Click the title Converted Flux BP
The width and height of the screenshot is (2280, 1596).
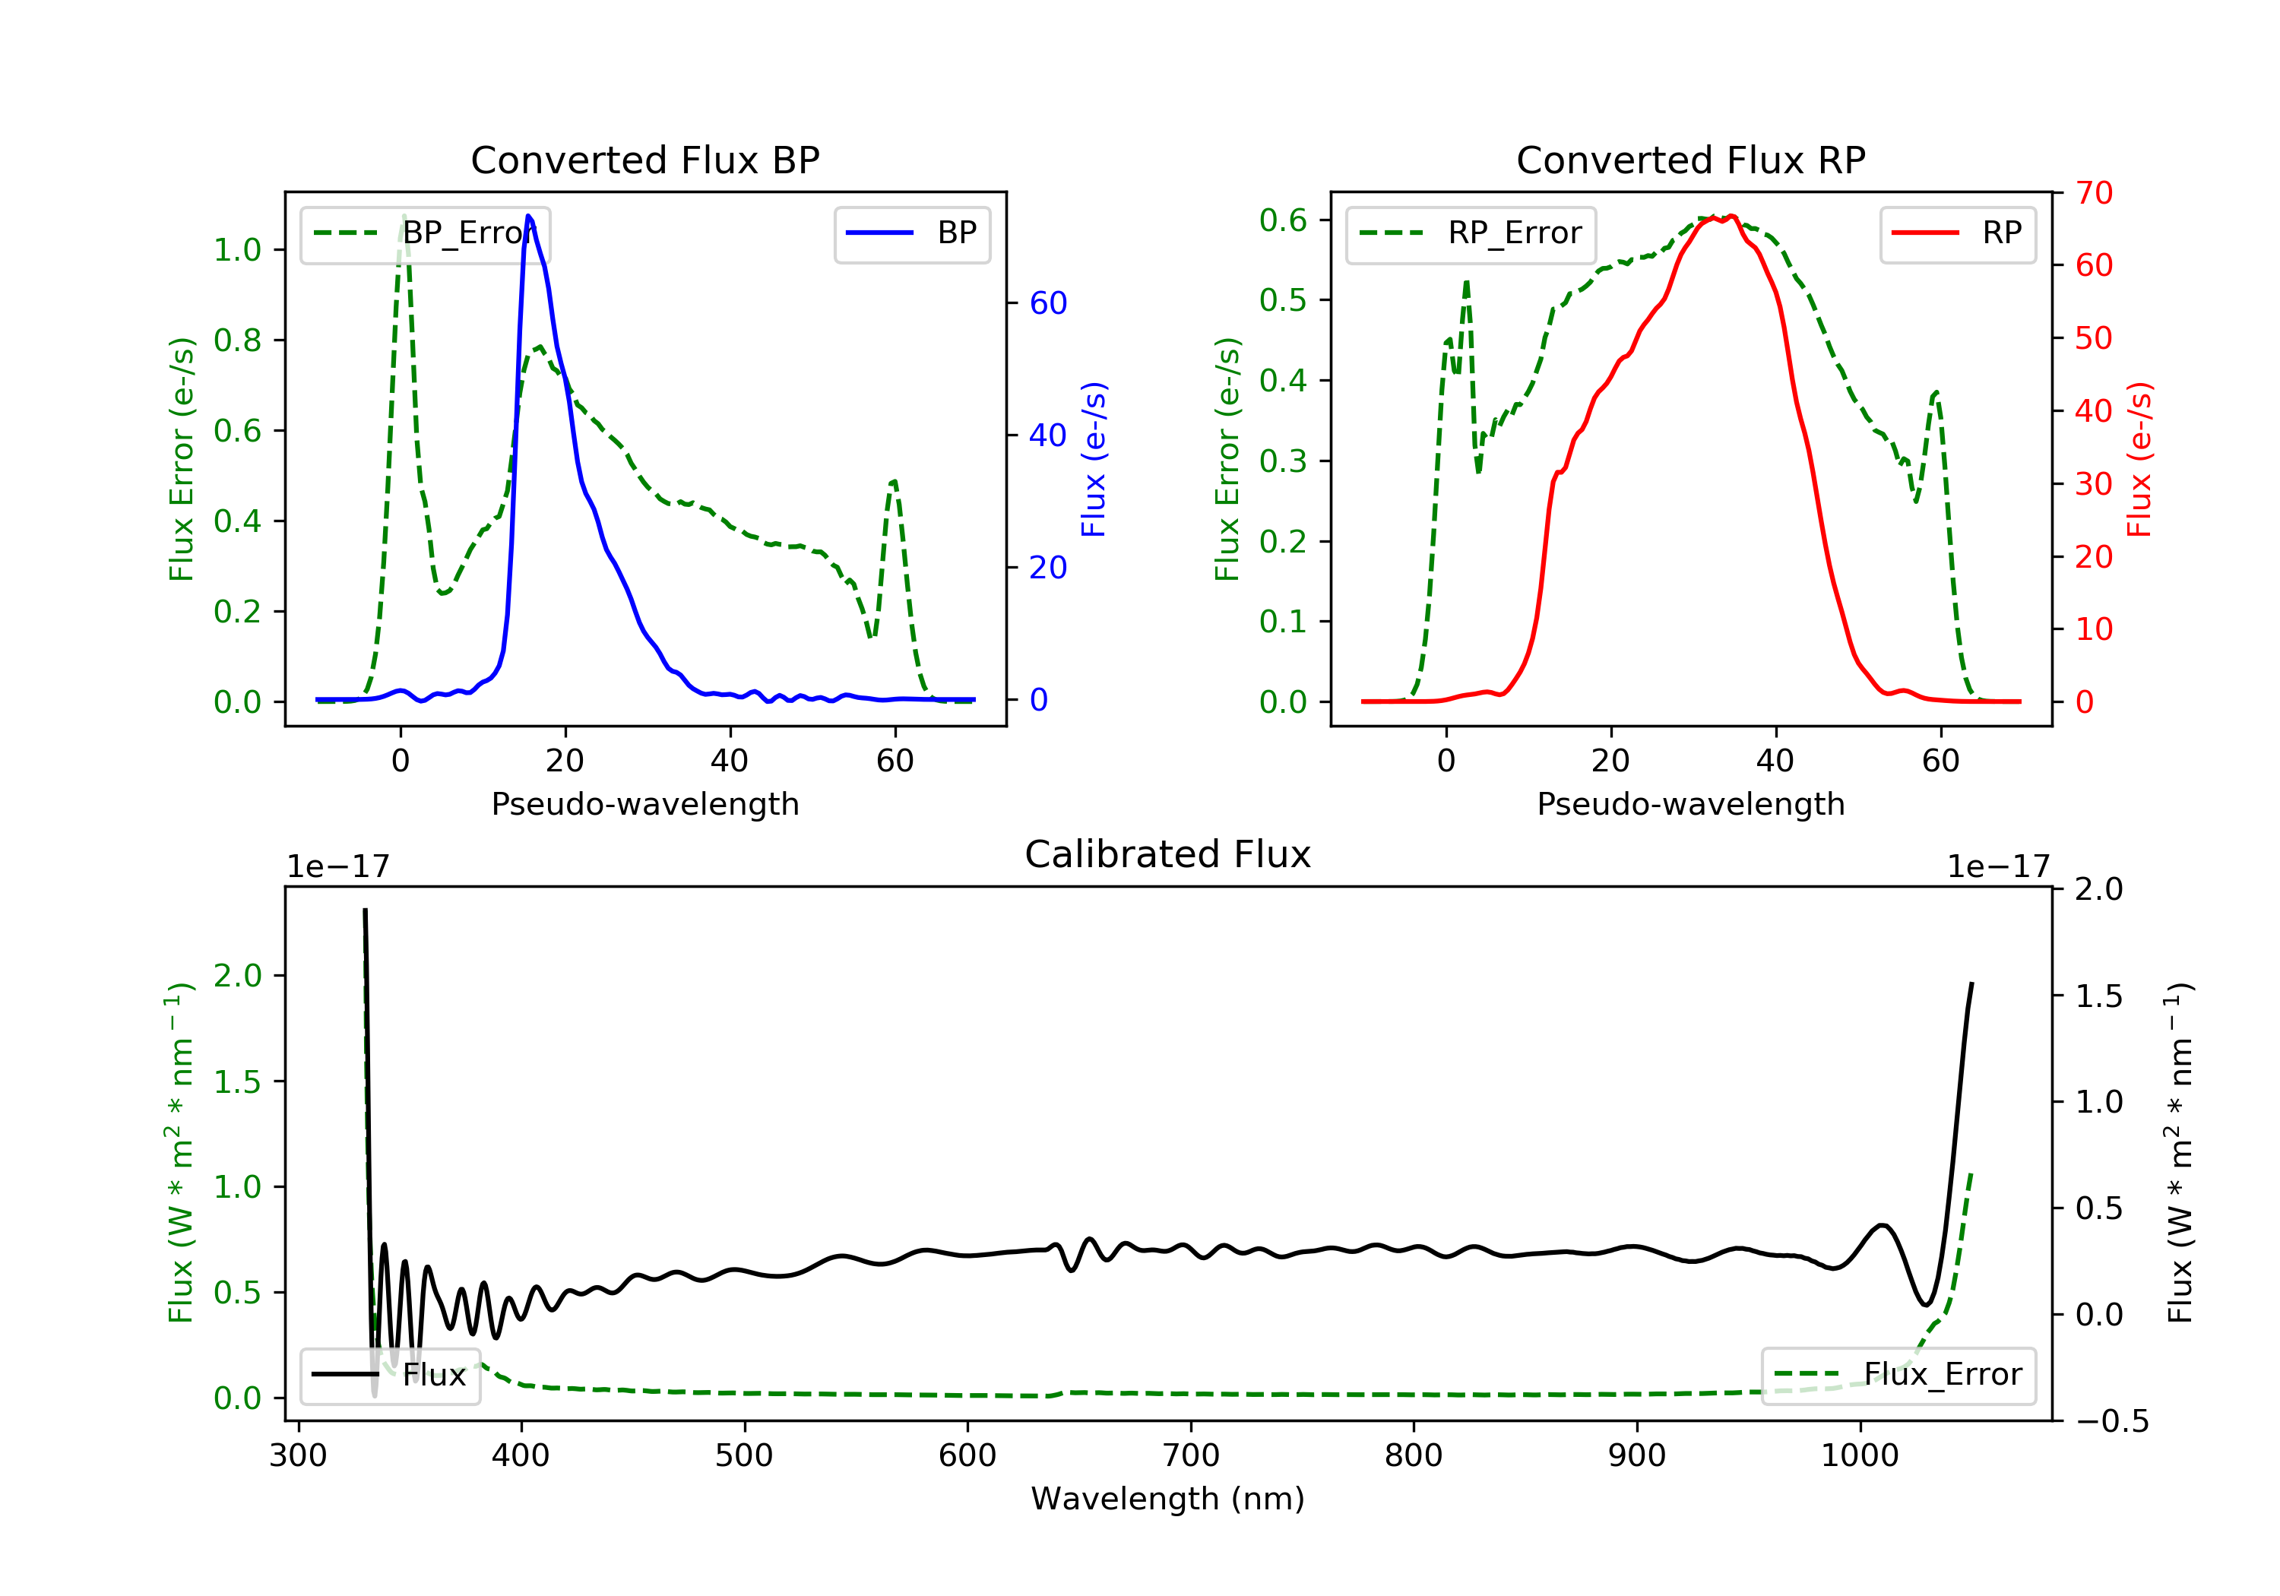[x=644, y=160]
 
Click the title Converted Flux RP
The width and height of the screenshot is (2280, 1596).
[x=1690, y=160]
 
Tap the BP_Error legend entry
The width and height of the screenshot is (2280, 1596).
[x=425, y=233]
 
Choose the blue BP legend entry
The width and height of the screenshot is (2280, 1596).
[x=911, y=233]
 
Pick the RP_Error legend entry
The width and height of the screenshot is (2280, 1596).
[x=1471, y=233]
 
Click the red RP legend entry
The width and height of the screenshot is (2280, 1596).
[x=1957, y=233]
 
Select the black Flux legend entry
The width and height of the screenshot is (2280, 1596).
[x=391, y=1375]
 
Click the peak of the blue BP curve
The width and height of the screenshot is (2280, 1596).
[x=528, y=216]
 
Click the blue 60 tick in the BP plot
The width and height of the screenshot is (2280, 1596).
[x=1047, y=303]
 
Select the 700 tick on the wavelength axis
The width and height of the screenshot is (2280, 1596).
[x=1191, y=1456]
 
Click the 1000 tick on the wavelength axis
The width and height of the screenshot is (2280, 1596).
[x=1859, y=1456]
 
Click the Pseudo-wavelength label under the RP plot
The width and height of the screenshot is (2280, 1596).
[x=1690, y=803]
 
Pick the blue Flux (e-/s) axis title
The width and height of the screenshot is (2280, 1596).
[x=1094, y=459]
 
